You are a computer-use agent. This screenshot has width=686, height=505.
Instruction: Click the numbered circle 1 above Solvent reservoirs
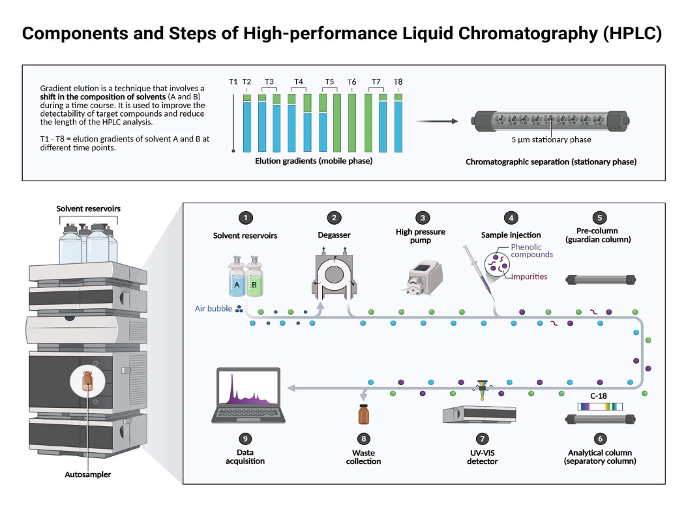(x=245, y=218)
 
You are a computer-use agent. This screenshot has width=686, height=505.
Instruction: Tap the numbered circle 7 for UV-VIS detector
(x=482, y=439)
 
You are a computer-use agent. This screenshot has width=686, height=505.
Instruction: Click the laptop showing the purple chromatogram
(x=248, y=396)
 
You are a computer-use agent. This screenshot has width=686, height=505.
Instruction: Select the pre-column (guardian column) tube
(x=600, y=280)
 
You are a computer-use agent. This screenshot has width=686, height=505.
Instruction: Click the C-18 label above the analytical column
(x=598, y=396)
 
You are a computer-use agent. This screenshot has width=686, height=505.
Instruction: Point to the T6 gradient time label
(x=351, y=81)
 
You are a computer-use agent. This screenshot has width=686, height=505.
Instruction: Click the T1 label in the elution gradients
(x=233, y=81)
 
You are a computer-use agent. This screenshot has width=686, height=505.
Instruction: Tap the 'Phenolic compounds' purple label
(x=531, y=250)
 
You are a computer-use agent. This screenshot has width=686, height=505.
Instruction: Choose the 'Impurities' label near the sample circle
(x=529, y=276)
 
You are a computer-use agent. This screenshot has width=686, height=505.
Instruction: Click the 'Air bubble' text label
(x=213, y=308)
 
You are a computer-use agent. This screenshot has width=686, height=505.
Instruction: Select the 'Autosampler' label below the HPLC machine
(x=87, y=474)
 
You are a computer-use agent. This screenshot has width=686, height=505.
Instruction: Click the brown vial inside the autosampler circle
(x=87, y=381)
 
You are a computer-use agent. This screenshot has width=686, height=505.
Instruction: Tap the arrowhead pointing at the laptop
(x=291, y=388)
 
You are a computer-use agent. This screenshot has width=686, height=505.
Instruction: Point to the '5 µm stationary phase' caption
(x=551, y=139)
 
